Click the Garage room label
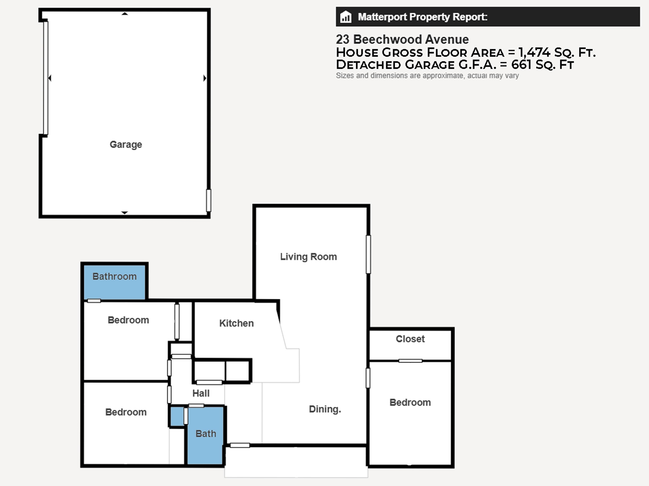point(126,144)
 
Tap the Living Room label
point(308,257)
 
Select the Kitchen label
point(236,323)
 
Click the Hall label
point(201,393)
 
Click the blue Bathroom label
point(115,276)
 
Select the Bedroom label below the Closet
point(410,402)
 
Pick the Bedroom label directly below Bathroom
point(128,320)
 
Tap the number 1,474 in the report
point(534,53)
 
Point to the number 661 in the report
point(521,65)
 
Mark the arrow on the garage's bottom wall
point(124,212)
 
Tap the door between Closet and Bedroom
point(410,361)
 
